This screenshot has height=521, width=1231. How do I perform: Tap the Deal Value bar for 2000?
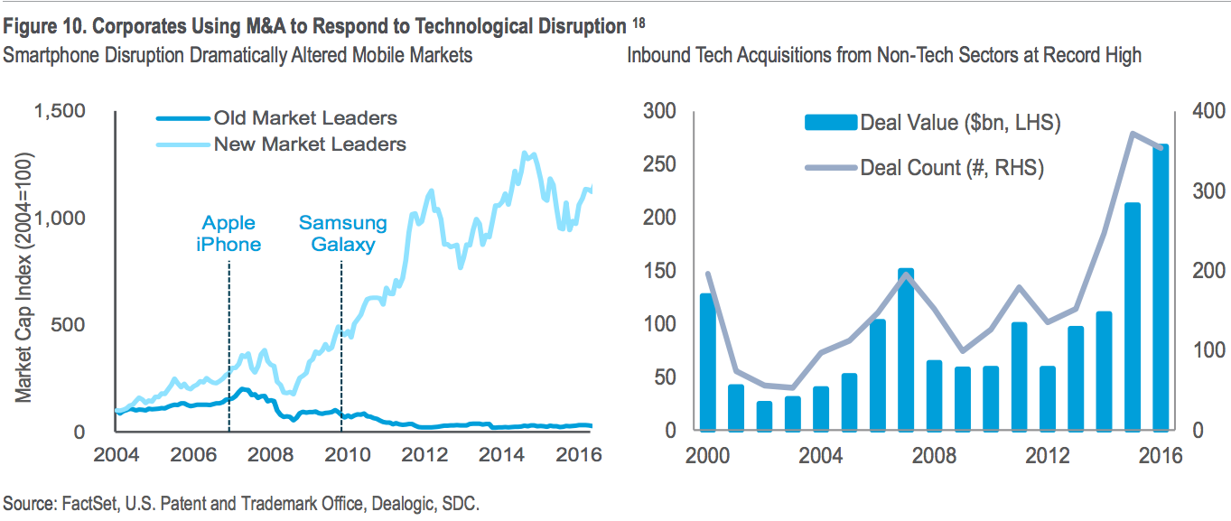point(707,362)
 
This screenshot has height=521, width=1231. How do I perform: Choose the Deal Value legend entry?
point(960,123)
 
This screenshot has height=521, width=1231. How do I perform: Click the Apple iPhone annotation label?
point(228,233)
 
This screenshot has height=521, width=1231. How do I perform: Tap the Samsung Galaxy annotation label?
point(343,233)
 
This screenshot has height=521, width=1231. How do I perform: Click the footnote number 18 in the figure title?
point(639,23)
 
